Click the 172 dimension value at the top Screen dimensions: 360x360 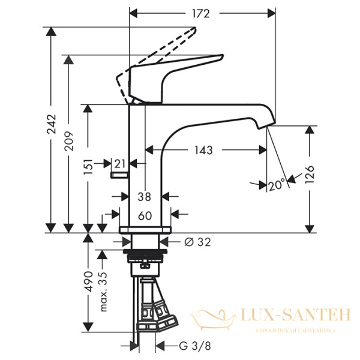coord(202,12)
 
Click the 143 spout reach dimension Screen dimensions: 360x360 coord(204,150)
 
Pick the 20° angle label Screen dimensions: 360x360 coord(277,186)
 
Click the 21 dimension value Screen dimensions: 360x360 coord(120,163)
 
